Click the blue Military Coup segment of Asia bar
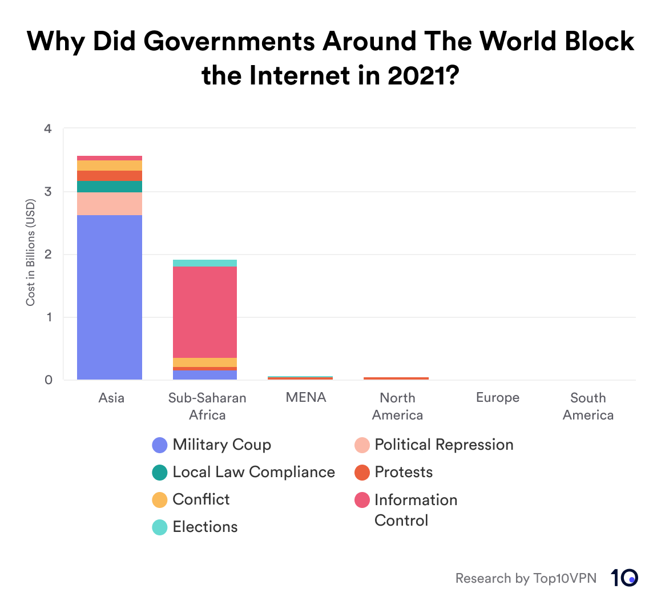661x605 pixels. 109,297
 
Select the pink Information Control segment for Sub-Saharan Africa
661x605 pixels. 205,312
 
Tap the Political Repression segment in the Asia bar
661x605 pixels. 109,204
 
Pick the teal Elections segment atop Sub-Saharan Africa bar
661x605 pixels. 205,263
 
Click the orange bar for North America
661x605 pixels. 396,378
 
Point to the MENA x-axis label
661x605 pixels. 306,397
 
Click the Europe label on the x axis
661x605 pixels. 498,398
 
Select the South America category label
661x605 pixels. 588,406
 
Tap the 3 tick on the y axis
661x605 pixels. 49,192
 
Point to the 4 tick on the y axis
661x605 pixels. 49,129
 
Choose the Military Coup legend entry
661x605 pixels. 221,445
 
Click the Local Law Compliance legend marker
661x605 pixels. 160,473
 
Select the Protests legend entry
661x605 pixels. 404,472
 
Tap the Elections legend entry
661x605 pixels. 205,527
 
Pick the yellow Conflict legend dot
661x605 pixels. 160,500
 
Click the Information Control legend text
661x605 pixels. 416,510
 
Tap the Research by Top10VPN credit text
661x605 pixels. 526,578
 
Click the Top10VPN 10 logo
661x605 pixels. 624,578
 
